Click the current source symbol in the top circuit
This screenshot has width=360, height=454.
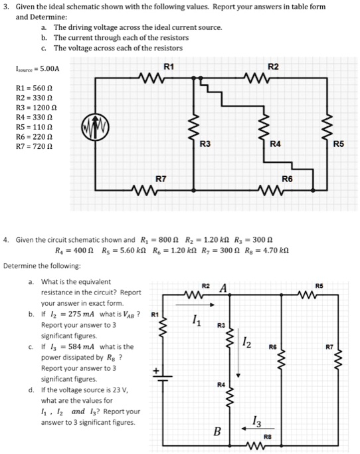[x=94, y=128]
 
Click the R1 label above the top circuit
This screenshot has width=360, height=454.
[x=169, y=66]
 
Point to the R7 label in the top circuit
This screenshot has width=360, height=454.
[x=161, y=179]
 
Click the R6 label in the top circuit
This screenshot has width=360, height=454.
[x=287, y=179]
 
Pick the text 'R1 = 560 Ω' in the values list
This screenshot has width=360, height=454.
[x=33, y=87]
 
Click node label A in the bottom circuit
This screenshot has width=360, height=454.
[x=224, y=288]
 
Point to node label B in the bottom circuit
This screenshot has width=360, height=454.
[x=216, y=431]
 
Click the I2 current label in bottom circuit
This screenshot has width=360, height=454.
[x=246, y=343]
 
